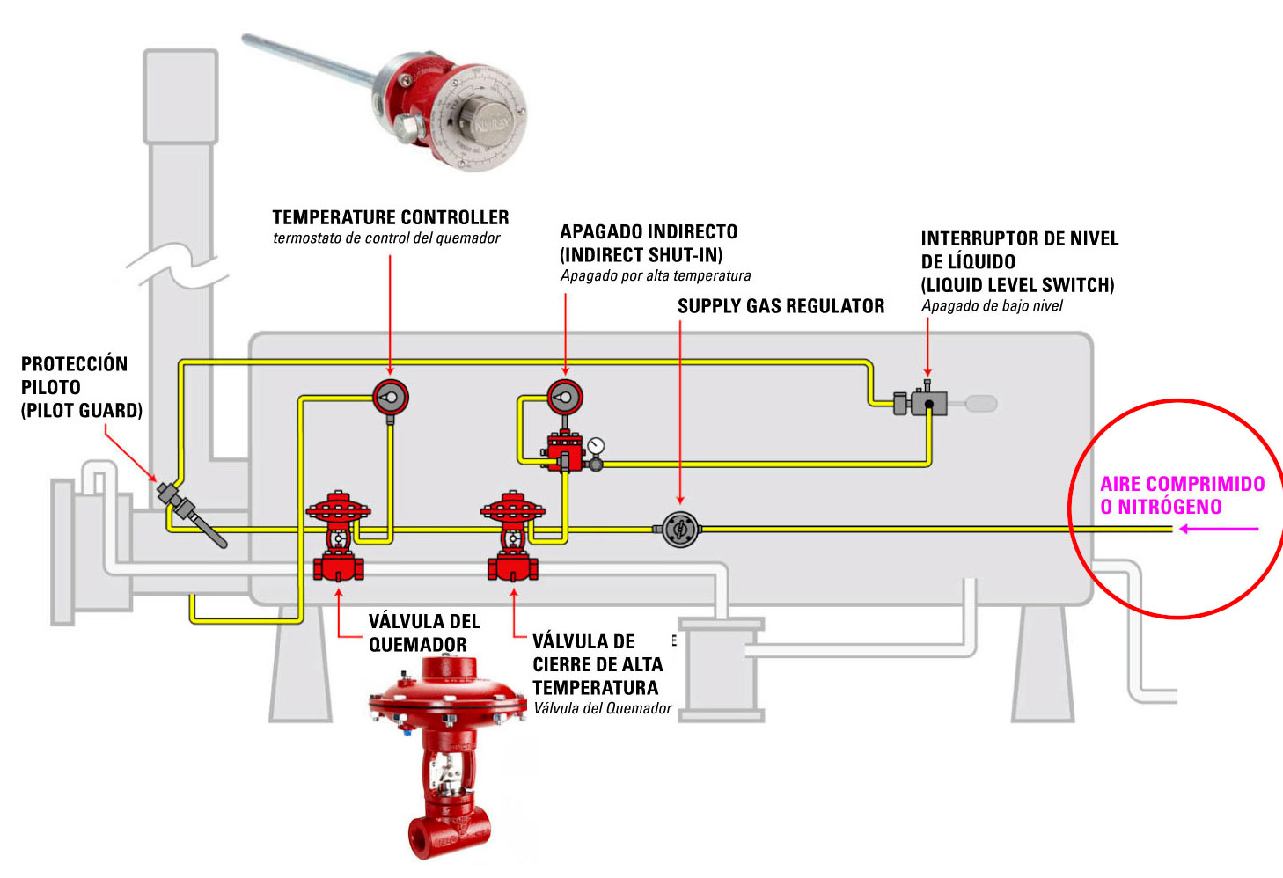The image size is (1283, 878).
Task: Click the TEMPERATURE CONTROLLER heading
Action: click(390, 217)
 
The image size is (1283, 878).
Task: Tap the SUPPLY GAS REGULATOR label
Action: click(781, 306)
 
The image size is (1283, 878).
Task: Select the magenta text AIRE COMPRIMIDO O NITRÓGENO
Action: click(1182, 495)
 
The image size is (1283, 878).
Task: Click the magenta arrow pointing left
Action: click(1219, 529)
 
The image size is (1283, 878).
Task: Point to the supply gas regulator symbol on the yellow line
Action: click(680, 529)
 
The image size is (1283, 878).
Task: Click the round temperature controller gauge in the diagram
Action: click(390, 398)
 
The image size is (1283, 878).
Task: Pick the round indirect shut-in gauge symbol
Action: click(564, 398)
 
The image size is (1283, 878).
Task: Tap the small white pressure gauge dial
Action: click(598, 445)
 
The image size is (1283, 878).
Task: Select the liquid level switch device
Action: click(927, 403)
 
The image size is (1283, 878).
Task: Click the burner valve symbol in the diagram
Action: click(339, 537)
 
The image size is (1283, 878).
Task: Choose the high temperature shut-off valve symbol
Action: click(513, 537)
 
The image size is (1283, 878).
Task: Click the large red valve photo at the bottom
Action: click(449, 757)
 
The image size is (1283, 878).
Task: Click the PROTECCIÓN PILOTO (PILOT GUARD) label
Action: click(81, 387)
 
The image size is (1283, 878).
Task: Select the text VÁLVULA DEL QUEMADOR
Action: click(423, 633)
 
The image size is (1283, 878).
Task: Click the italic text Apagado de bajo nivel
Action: click(992, 306)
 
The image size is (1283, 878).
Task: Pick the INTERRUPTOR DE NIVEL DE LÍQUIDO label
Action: click(1019, 251)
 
